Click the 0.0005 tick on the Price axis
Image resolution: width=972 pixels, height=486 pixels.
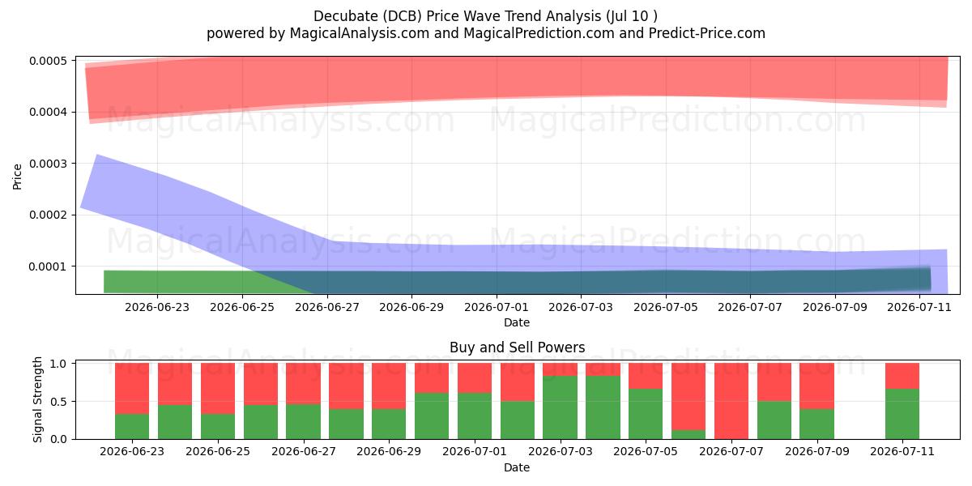point(48,61)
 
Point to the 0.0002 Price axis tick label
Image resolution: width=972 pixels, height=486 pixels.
point(48,215)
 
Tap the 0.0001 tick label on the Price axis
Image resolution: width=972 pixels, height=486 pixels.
point(48,266)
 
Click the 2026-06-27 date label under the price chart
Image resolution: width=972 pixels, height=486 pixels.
point(327,307)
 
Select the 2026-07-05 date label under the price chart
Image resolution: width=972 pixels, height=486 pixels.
point(666,307)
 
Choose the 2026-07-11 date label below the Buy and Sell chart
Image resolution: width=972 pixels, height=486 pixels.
point(902,451)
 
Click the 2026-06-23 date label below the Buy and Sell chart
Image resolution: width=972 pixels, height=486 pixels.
point(132,451)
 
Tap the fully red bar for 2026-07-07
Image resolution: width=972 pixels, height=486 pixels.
point(731,401)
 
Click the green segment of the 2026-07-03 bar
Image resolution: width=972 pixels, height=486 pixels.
point(560,407)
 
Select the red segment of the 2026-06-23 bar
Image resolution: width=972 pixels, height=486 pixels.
point(132,388)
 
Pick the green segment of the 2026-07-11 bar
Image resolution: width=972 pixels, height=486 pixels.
point(902,414)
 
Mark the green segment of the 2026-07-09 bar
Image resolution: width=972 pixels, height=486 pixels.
point(817,424)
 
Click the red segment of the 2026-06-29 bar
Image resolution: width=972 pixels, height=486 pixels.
point(389,386)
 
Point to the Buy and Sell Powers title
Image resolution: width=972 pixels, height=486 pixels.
point(518,347)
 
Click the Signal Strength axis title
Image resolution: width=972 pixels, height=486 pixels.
point(38,399)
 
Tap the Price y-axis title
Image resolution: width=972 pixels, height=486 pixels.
point(17,177)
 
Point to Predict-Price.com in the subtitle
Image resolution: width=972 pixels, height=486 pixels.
point(707,33)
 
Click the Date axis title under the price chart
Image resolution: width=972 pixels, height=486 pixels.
point(517,322)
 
